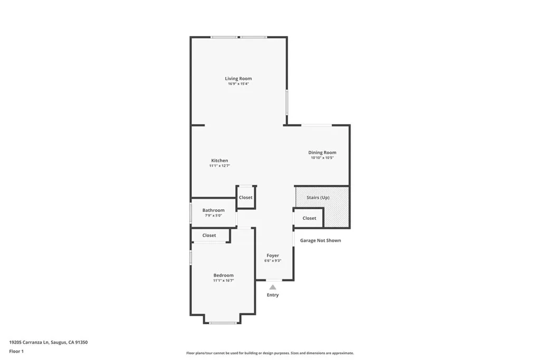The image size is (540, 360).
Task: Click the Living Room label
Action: [x=238, y=79]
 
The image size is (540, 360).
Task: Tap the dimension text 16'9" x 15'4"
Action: [x=238, y=84]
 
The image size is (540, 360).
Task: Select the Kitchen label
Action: [x=219, y=160]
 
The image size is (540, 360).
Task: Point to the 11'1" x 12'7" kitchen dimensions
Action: [x=219, y=166]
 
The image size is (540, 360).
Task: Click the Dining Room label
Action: [x=322, y=152]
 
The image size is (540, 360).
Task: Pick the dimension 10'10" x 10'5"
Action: [x=322, y=158]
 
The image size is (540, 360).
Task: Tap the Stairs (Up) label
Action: [x=318, y=197]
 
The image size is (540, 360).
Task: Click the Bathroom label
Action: [x=213, y=210]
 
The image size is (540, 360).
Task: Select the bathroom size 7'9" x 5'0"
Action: [x=213, y=215]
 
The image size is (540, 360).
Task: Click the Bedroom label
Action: [x=223, y=275]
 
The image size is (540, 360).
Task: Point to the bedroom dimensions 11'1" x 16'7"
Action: [x=223, y=280]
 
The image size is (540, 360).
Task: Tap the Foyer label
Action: [x=273, y=256]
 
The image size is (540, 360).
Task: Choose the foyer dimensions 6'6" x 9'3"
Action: [x=273, y=260]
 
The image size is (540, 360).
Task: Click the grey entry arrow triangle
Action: [x=273, y=287]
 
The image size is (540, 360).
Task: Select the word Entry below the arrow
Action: [x=273, y=295]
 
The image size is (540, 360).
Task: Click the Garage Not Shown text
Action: [x=321, y=240]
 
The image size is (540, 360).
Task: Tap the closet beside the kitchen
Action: [x=246, y=198]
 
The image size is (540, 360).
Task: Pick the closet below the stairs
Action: [x=310, y=218]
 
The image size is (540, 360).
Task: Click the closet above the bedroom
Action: [x=209, y=236]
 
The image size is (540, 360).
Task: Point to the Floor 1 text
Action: [x=16, y=351]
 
